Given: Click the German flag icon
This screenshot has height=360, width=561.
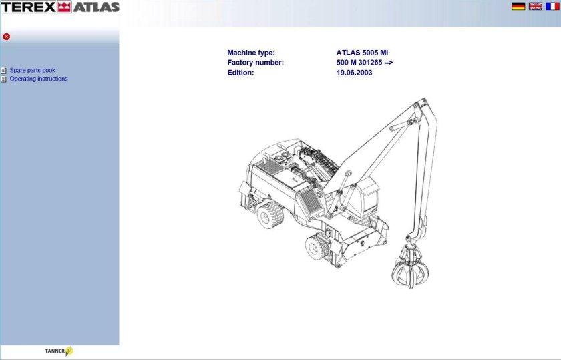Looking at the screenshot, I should pos(518,6).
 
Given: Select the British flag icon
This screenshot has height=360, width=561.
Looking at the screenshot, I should pos(536,6).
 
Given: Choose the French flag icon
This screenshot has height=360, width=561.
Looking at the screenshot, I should pos(552,6).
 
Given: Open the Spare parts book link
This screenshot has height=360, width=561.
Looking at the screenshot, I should pos(32,70).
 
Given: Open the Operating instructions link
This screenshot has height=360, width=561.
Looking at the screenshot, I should pos(39,79).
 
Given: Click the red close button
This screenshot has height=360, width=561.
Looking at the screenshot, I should pos(7,37).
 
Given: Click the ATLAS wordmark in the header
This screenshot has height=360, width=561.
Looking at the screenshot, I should pos(96,7).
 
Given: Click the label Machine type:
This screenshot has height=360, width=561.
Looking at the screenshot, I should pos(251,53).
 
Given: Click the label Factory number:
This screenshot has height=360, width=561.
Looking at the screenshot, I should pos(256,63).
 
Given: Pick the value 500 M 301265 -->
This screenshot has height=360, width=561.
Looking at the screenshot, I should pos(365,63).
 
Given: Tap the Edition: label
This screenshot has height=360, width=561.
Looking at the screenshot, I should pos(240,73).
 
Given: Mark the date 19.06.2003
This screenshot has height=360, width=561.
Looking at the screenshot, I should pos(355,73).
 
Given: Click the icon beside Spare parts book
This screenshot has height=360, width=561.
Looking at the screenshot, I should pos(4,70).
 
